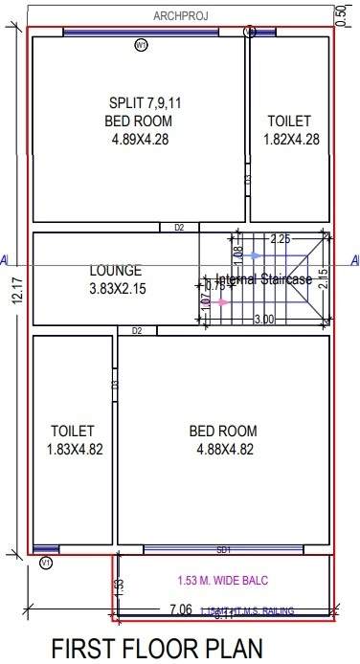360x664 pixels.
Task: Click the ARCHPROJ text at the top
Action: coord(181,15)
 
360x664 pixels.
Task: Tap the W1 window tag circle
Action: coord(141,44)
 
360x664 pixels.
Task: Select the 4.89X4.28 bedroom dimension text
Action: coord(139,138)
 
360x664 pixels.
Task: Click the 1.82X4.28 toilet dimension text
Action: coord(290,139)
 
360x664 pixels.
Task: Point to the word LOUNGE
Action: coord(116,271)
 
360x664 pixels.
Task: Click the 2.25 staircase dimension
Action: coord(280,238)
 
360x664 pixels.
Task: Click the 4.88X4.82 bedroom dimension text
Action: coord(223,448)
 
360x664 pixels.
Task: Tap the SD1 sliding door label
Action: coord(224,550)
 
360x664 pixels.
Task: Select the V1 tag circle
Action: coord(45,564)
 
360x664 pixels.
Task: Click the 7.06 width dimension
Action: coord(182,609)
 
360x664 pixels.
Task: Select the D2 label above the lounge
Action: coord(179,228)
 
